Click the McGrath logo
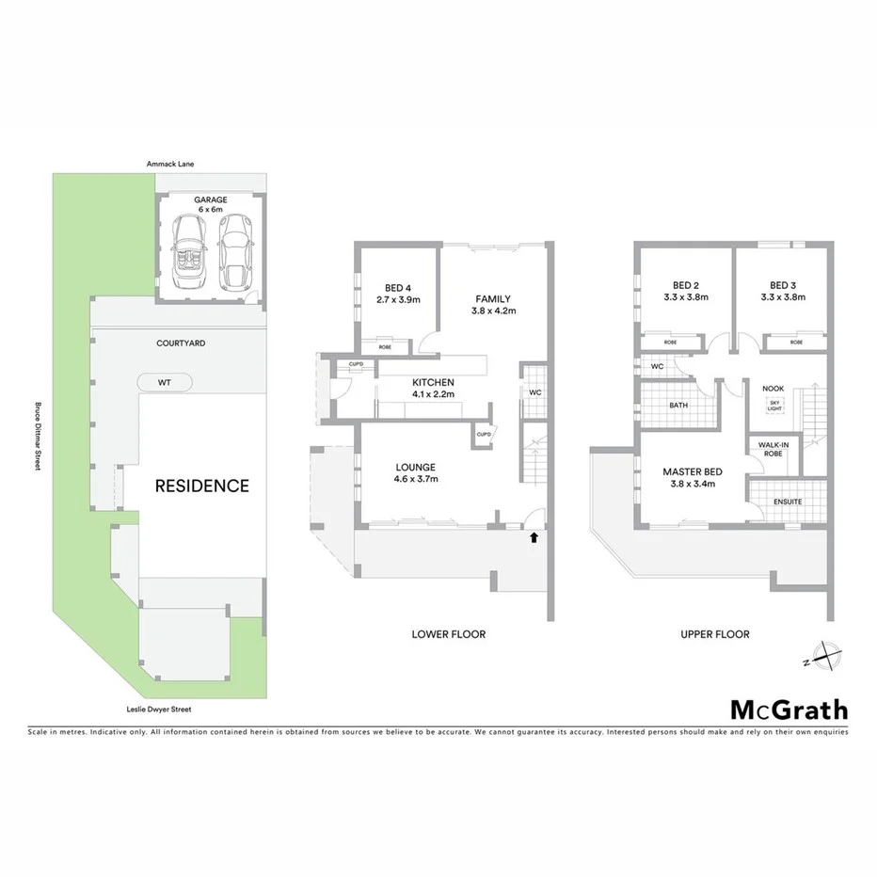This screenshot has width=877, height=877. [789, 710]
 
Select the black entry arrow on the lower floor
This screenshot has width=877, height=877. [534, 537]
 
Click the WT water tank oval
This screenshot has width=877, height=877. [165, 382]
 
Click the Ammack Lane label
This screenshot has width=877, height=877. [170, 165]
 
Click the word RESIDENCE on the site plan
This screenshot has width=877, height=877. [202, 486]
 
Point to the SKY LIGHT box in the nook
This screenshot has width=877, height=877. [774, 406]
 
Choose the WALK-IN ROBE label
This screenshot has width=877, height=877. [773, 451]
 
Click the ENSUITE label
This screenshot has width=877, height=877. [788, 502]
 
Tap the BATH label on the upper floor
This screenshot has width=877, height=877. [678, 406]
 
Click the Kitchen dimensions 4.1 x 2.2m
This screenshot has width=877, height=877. [433, 395]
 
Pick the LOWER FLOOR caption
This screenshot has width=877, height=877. [449, 634]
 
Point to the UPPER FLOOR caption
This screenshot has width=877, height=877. [715, 634]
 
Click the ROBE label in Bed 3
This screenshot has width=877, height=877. [796, 343]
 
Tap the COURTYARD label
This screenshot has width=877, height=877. [181, 343]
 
